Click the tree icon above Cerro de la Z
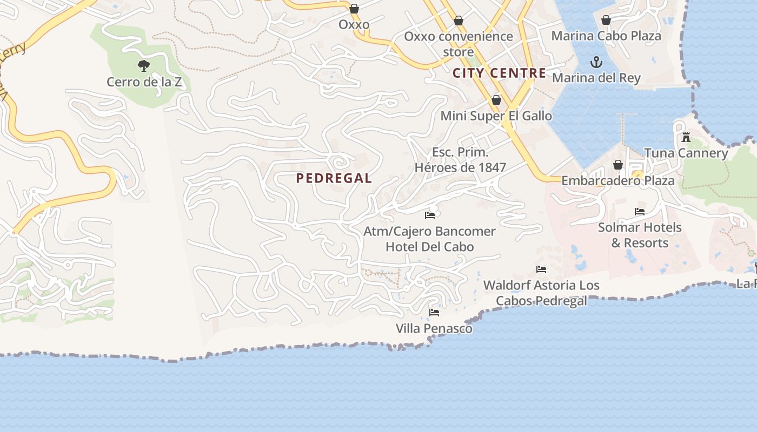[143, 66]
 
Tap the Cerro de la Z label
[144, 82]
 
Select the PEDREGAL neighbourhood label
[334, 178]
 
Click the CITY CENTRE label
[499, 73]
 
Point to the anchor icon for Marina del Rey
[596, 62]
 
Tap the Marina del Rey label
[596, 78]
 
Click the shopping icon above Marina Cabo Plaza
[606, 21]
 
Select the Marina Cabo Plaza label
[606, 36]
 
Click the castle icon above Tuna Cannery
[686, 137]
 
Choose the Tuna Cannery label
[686, 153]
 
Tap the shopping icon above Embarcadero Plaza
[618, 165]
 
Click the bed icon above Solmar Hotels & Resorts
[640, 212]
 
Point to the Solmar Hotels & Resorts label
[640, 235]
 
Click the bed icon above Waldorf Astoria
[541, 269]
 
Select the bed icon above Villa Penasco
[434, 313]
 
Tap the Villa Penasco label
[434, 328]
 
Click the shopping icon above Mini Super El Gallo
[496, 100]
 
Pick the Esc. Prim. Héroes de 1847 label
[460, 160]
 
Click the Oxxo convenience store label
[459, 44]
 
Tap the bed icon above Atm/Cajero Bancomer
[430, 215]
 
